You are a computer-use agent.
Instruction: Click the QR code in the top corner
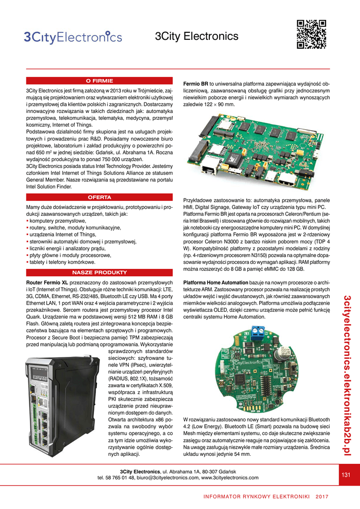tap(311, 34)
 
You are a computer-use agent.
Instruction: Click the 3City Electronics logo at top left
tap(73, 37)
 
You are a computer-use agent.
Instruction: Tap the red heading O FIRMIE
tap(99, 81)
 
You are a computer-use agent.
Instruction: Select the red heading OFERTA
tap(99, 197)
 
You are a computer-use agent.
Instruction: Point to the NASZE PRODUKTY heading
tap(99, 273)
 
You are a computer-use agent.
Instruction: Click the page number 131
tap(346, 475)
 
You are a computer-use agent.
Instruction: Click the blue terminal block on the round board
tap(258, 332)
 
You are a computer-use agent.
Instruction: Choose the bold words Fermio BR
tap(196, 84)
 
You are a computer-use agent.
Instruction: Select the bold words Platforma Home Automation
tap(215, 283)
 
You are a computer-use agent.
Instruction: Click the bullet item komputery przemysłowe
tap(58, 221)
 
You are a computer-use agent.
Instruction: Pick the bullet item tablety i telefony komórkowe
tap(63, 262)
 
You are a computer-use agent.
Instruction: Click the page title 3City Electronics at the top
tap(197, 37)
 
